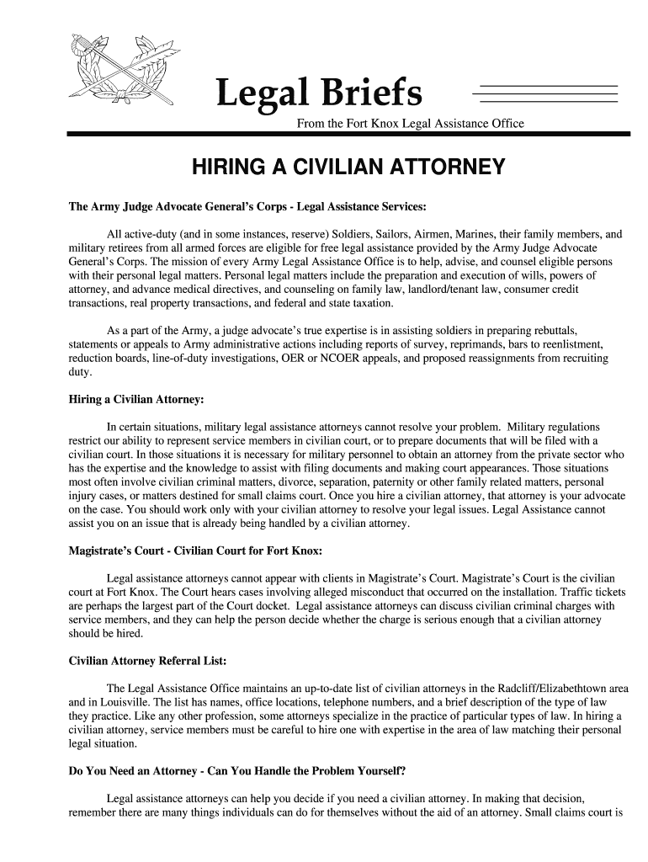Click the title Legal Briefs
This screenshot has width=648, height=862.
319,94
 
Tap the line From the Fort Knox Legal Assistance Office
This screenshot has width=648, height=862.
410,124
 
